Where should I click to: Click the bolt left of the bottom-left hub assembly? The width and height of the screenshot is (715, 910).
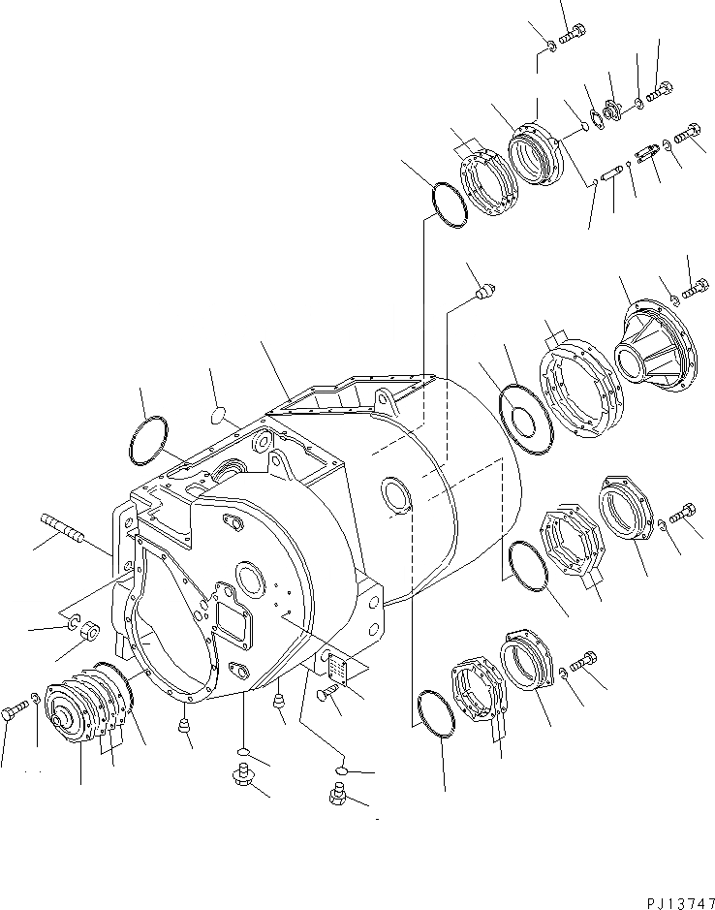[x=14, y=714]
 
